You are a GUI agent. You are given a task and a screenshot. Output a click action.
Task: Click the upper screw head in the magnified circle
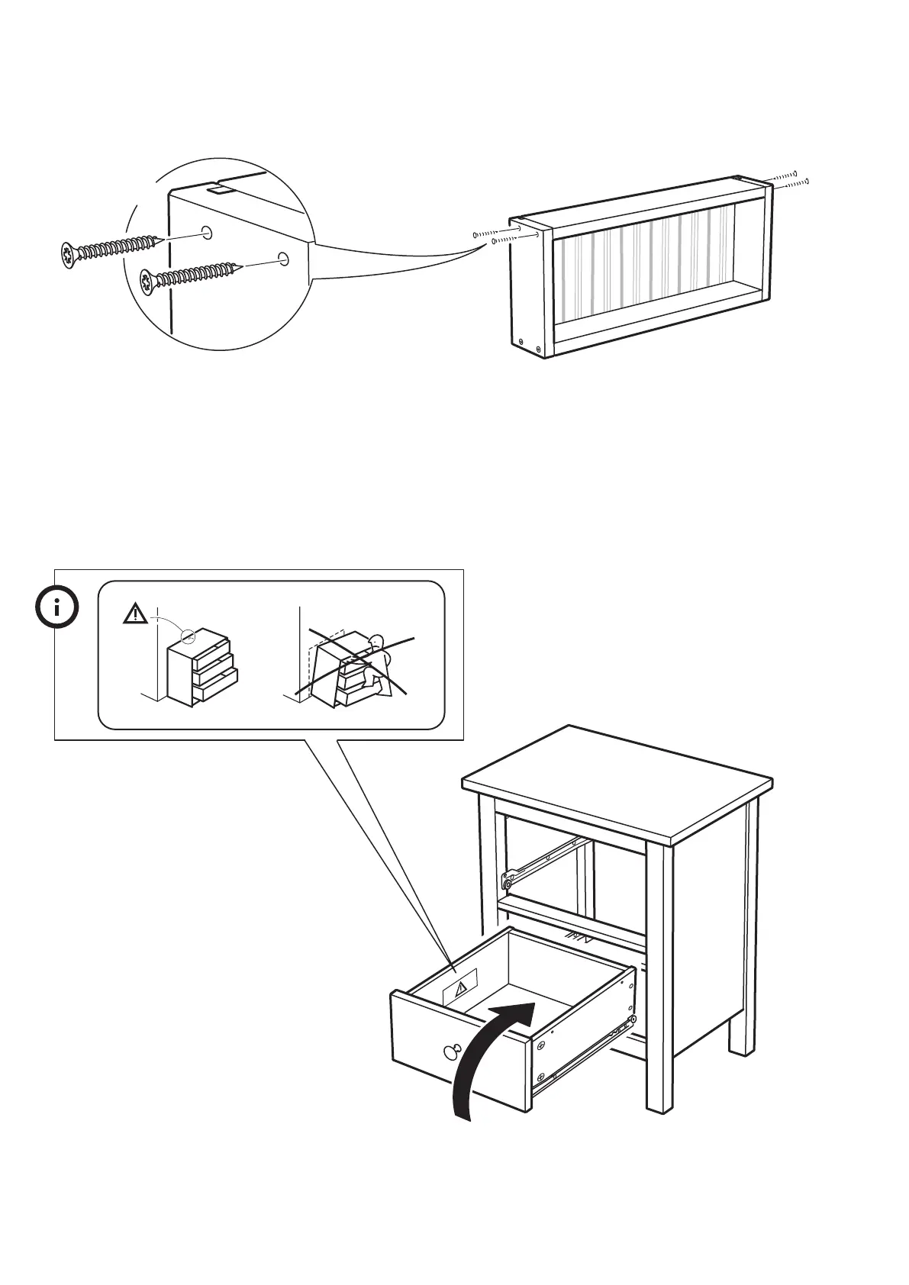point(69,254)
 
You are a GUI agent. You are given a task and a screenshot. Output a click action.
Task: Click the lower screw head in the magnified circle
point(149,282)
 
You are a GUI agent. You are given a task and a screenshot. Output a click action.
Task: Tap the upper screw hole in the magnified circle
point(206,232)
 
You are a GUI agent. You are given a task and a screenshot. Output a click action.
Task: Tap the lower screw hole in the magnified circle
point(283,258)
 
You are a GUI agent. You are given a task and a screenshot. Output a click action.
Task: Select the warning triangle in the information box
point(135,613)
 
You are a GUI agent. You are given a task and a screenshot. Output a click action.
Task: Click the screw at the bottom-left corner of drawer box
point(521,342)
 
